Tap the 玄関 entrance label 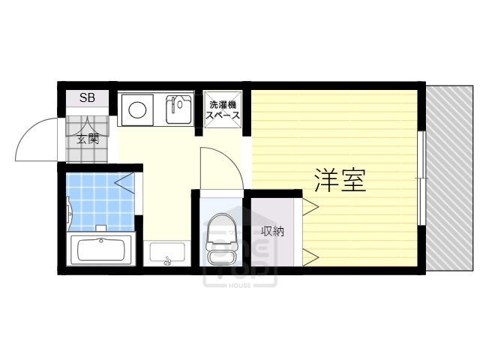point(87,138)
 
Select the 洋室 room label point(340,180)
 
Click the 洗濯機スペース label point(224,110)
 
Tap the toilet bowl point(221,234)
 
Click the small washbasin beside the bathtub point(166,253)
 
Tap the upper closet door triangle point(310,204)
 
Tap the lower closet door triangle point(310,257)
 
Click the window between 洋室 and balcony point(423,178)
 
